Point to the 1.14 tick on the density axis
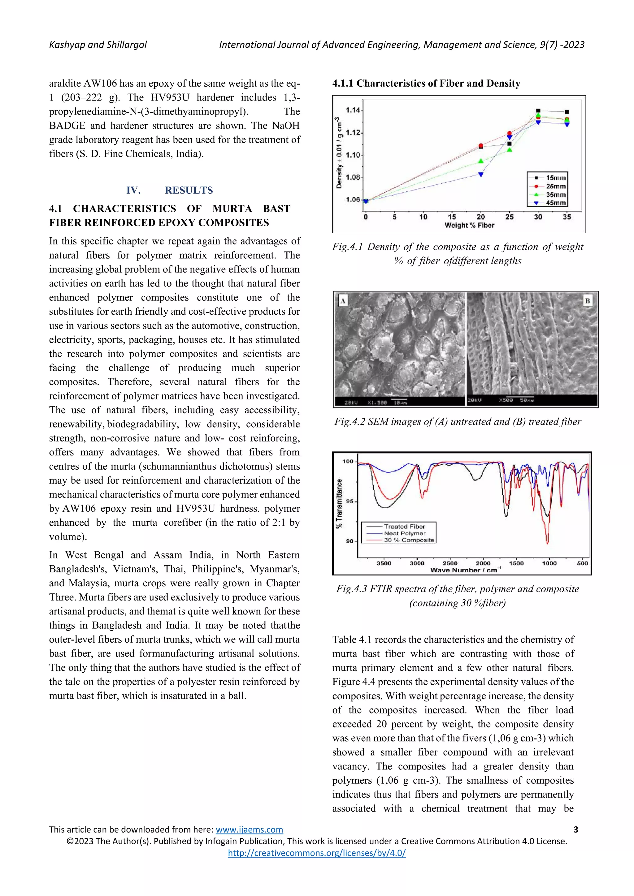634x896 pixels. click(x=353, y=110)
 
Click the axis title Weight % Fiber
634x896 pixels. click(x=469, y=225)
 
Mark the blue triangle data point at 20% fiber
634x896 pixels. click(x=480, y=174)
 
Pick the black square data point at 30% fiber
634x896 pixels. click(x=538, y=111)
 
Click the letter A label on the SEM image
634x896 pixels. click(x=343, y=301)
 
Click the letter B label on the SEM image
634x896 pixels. click(x=587, y=301)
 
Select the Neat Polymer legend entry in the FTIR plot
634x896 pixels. click(x=404, y=533)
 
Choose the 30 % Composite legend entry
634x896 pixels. click(x=408, y=540)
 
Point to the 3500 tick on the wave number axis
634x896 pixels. click(x=384, y=563)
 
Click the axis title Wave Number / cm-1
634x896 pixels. click(x=465, y=570)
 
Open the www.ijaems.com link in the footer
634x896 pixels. click(x=249, y=830)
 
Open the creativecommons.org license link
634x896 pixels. click(x=317, y=853)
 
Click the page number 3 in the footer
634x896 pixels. click(x=575, y=830)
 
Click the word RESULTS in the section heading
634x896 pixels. click(x=189, y=191)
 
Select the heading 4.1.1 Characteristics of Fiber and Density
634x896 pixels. click(x=426, y=84)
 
